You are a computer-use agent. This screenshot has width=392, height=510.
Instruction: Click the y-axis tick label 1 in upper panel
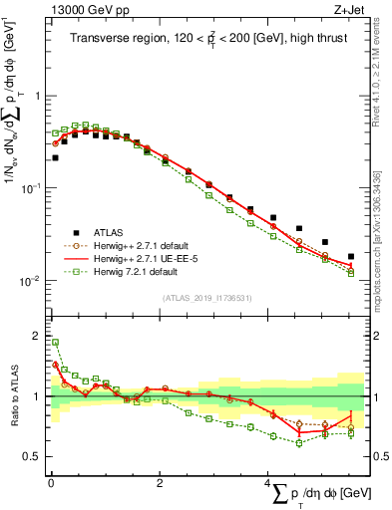pyautogui.click(x=39, y=97)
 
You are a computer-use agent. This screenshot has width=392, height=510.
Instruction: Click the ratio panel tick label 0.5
pyautogui.click(x=35, y=456)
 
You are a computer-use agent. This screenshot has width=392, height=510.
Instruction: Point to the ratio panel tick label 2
pyautogui.click(x=39, y=334)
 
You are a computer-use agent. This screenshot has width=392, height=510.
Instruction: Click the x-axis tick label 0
pyautogui.click(x=51, y=482)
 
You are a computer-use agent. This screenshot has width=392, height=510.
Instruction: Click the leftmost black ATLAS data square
pyautogui.click(x=55, y=157)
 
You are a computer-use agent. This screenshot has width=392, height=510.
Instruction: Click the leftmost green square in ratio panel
pyautogui.click(x=55, y=342)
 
